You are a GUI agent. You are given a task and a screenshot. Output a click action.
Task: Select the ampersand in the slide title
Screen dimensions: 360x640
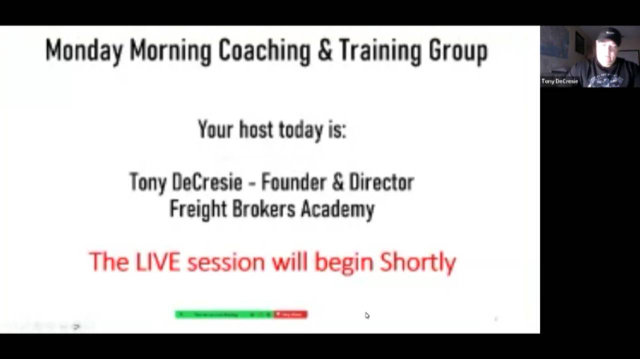(325, 51)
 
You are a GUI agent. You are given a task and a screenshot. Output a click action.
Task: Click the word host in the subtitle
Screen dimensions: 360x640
(257, 129)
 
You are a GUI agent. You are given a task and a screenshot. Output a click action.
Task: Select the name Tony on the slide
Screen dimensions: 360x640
(147, 182)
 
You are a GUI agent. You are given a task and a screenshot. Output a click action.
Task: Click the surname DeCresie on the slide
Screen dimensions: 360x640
(206, 182)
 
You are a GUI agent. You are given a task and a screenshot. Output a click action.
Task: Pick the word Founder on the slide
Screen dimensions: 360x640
(293, 182)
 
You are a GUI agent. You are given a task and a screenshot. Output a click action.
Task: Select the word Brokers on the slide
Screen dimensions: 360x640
(264, 208)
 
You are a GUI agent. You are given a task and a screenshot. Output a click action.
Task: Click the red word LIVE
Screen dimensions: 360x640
(158, 262)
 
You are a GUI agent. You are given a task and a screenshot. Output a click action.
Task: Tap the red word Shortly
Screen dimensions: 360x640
(418, 262)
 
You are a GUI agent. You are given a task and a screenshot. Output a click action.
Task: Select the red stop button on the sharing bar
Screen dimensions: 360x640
(291, 314)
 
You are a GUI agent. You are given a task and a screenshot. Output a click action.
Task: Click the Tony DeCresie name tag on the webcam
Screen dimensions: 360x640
(560, 81)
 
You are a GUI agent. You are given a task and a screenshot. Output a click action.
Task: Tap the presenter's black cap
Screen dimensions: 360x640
(609, 35)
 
